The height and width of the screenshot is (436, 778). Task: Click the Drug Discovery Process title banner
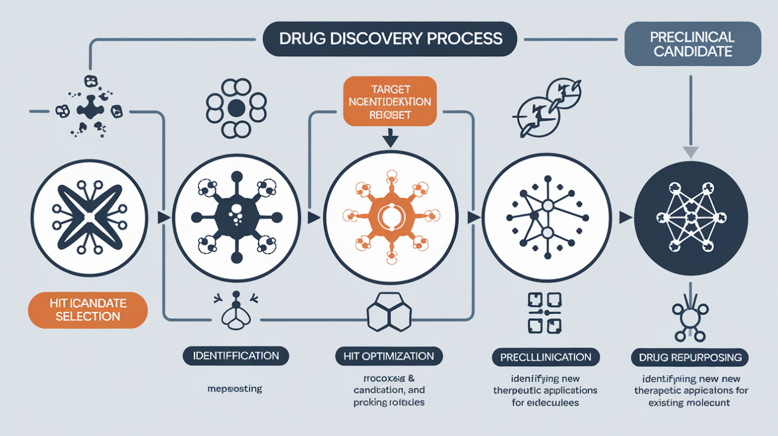pos(390,39)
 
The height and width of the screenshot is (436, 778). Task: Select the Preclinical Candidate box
pos(692,45)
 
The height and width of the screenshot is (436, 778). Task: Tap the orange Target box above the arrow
pos(390,101)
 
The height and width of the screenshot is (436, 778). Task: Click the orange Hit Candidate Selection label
pos(87,310)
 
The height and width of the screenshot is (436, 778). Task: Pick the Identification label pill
pos(235,356)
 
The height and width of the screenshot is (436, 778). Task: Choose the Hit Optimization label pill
pos(389,356)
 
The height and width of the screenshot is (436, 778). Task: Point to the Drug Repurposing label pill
pos(690,358)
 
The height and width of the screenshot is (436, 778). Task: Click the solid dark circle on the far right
pos(691,218)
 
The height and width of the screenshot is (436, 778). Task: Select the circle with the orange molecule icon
pos(390,218)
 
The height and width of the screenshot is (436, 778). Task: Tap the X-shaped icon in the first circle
pos(89,218)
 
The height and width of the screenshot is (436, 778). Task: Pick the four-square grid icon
pos(544,313)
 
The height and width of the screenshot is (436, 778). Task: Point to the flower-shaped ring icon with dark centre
pos(236,108)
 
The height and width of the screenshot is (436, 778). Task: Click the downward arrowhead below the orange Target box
pos(390,141)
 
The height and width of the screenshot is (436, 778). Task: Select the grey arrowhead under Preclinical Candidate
pos(691,152)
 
